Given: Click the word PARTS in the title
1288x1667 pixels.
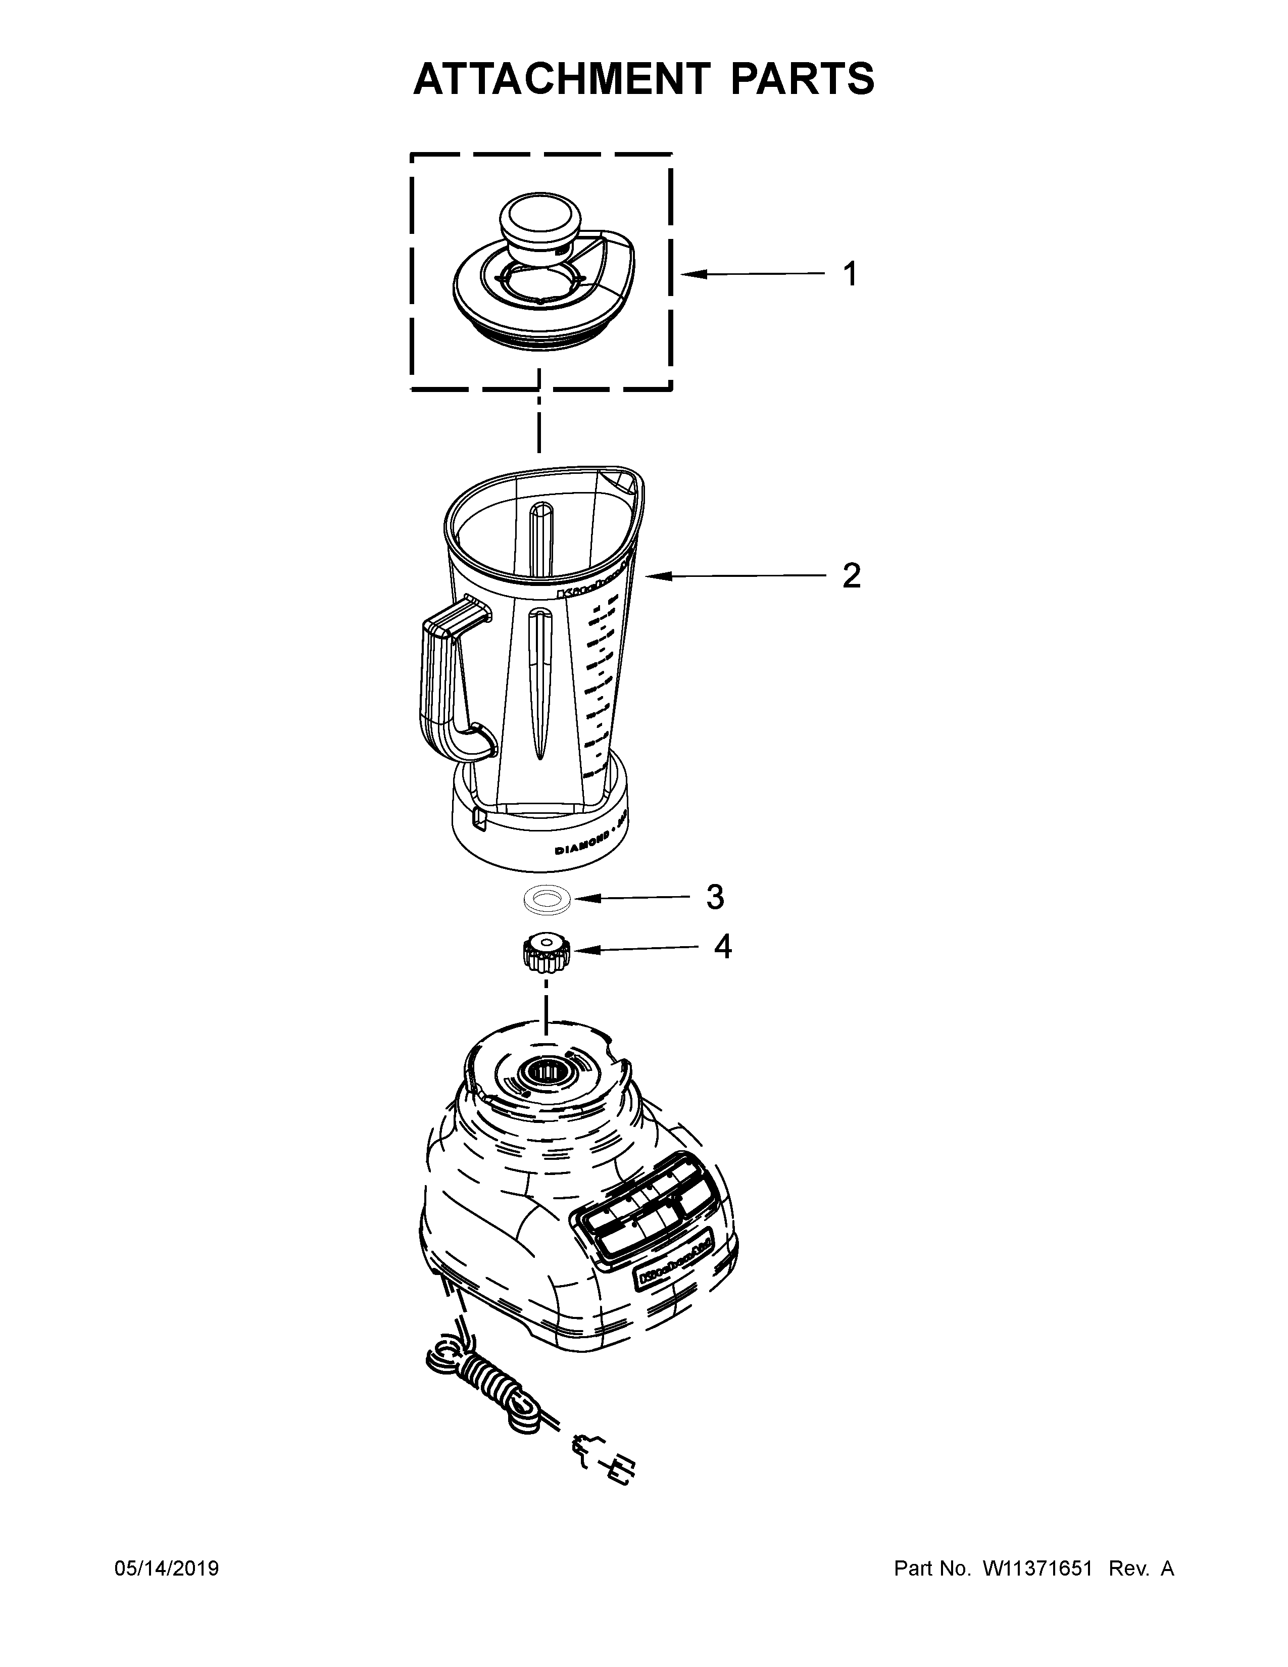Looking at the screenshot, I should pyautogui.click(x=802, y=79).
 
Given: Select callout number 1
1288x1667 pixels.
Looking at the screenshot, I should pyautogui.click(x=850, y=274).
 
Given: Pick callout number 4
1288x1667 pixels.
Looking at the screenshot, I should pyautogui.click(x=723, y=947).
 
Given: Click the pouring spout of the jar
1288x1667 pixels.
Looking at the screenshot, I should pyautogui.click(x=621, y=481).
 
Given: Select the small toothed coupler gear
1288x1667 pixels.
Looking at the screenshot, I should pyautogui.click(x=545, y=955).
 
